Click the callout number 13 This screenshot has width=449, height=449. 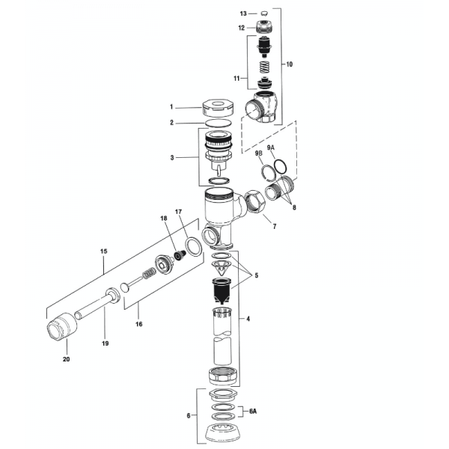242,13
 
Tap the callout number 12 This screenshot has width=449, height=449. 242,28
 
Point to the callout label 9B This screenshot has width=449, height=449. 258,154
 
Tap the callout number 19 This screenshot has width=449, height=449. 106,343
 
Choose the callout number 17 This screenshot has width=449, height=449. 179,213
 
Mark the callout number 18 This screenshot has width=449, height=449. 162,218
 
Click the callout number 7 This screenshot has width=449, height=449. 274,225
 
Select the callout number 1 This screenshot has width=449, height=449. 171,106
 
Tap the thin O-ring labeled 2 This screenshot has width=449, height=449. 219,123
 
